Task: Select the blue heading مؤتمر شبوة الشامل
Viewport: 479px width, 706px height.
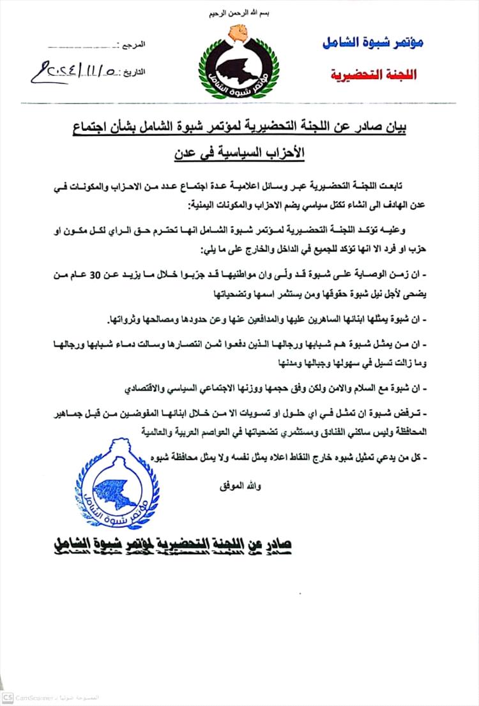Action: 374,42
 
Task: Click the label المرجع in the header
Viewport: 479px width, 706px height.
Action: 135,45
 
